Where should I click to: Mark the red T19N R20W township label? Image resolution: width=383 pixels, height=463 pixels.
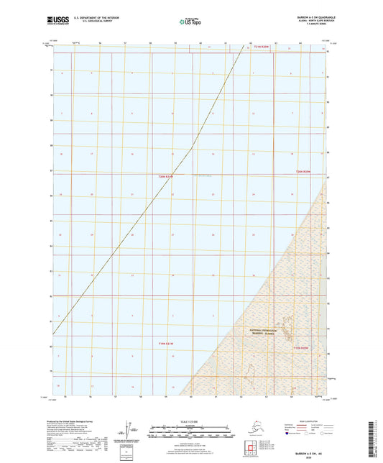coord(301,348)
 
